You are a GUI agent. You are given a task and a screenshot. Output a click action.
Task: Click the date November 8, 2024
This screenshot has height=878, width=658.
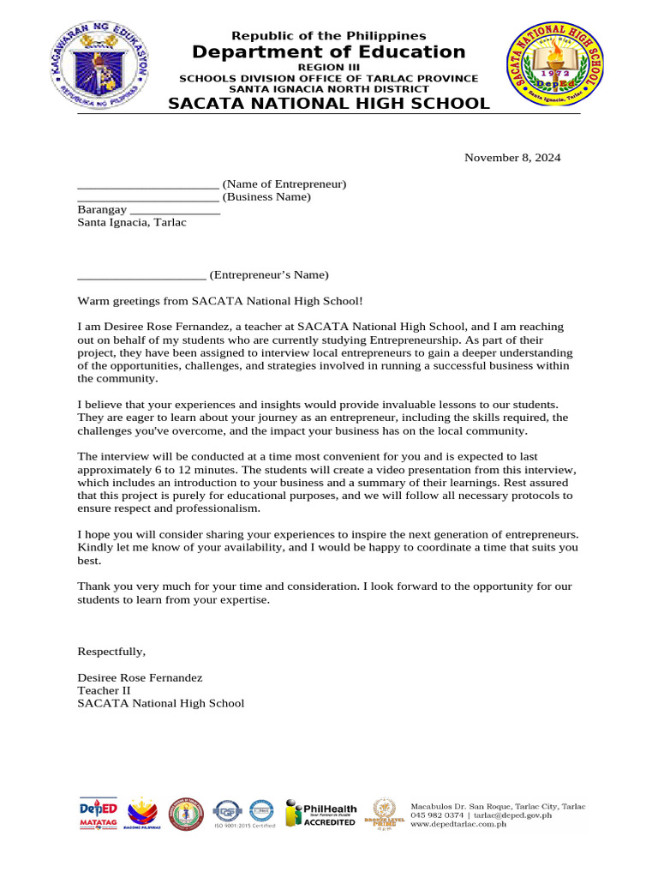click(x=512, y=158)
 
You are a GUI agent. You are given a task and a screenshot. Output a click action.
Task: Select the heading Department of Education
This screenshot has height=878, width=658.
click(x=328, y=52)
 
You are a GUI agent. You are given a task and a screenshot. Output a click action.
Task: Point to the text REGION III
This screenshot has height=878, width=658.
click(x=328, y=67)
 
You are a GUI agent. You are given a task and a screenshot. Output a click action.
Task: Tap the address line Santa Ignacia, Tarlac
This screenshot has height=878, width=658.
click(x=132, y=222)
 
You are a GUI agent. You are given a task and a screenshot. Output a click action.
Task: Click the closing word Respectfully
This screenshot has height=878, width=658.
click(x=111, y=651)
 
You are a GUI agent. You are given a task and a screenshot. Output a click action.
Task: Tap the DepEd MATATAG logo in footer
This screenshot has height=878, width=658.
click(x=98, y=814)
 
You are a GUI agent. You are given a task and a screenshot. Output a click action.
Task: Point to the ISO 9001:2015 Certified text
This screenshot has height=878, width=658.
click(x=245, y=826)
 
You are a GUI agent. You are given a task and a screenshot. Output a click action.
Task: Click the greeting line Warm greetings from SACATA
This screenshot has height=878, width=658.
click(x=220, y=301)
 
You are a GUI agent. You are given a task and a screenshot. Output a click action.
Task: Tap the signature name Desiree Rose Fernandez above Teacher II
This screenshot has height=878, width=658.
click(x=140, y=677)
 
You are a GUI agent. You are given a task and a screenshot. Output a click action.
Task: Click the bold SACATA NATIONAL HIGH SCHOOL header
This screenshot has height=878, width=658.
click(x=328, y=104)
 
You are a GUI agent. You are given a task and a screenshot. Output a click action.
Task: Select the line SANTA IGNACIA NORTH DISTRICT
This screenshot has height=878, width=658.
click(x=328, y=89)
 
